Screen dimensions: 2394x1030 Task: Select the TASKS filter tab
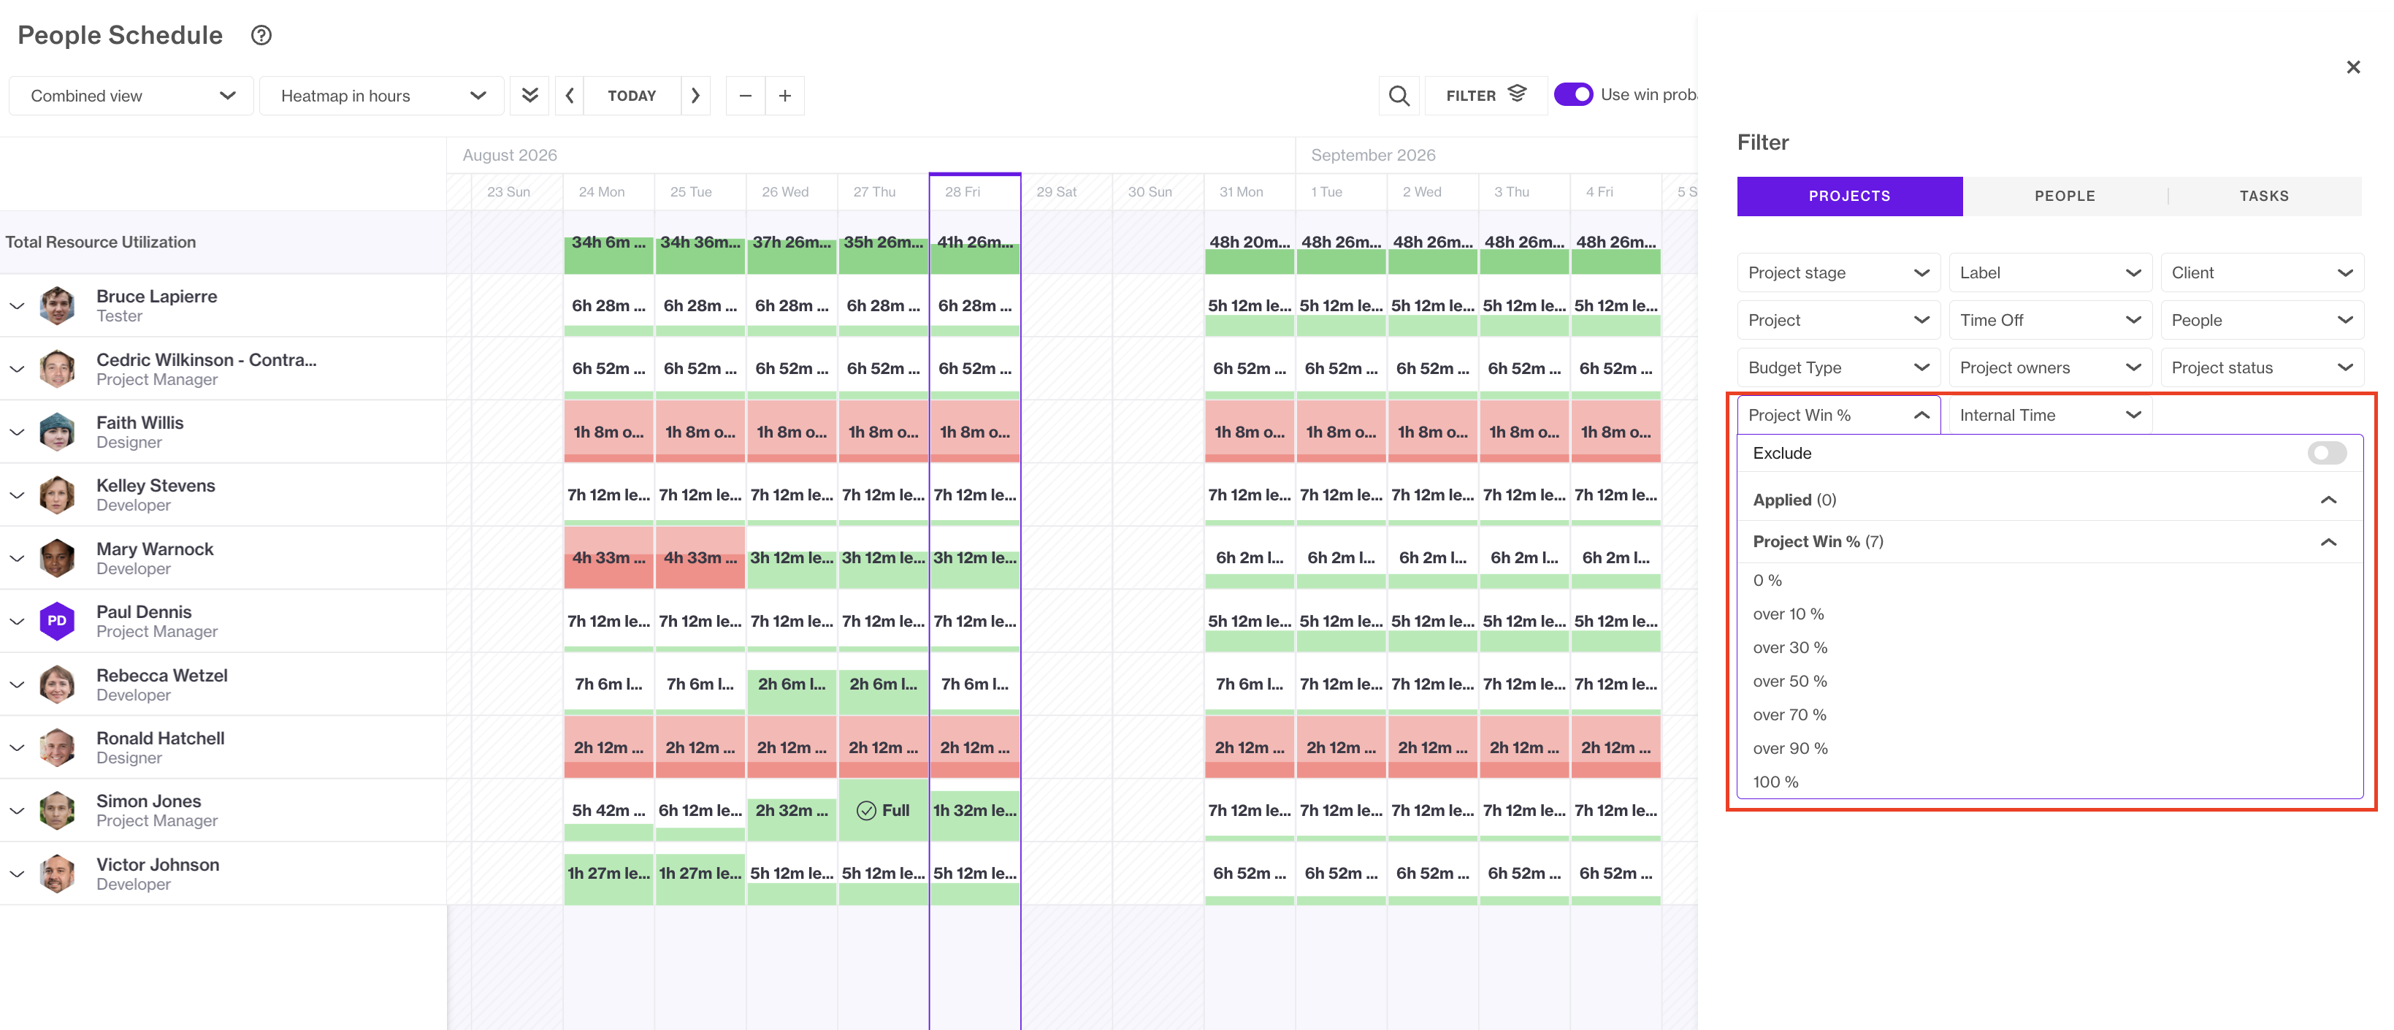2263,197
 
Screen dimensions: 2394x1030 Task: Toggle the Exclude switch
2326,453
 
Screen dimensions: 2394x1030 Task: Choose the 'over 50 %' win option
1790,682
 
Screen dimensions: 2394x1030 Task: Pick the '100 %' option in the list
1775,782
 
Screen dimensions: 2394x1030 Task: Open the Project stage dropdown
1837,272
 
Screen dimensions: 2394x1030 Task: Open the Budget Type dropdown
1837,367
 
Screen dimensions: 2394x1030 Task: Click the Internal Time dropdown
2049,415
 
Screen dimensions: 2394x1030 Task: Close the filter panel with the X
2352,67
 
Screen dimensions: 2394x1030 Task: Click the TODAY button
631,96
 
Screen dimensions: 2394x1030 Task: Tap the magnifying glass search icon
1398,96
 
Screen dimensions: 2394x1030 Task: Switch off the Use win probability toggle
1572,95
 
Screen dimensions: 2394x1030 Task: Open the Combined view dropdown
131,96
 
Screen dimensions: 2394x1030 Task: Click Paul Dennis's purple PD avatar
57,621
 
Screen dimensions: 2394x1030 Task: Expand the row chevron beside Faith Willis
17,432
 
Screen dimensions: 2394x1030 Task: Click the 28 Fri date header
963,192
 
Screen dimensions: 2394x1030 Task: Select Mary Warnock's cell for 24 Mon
608,558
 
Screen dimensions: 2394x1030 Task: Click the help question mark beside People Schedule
261,35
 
